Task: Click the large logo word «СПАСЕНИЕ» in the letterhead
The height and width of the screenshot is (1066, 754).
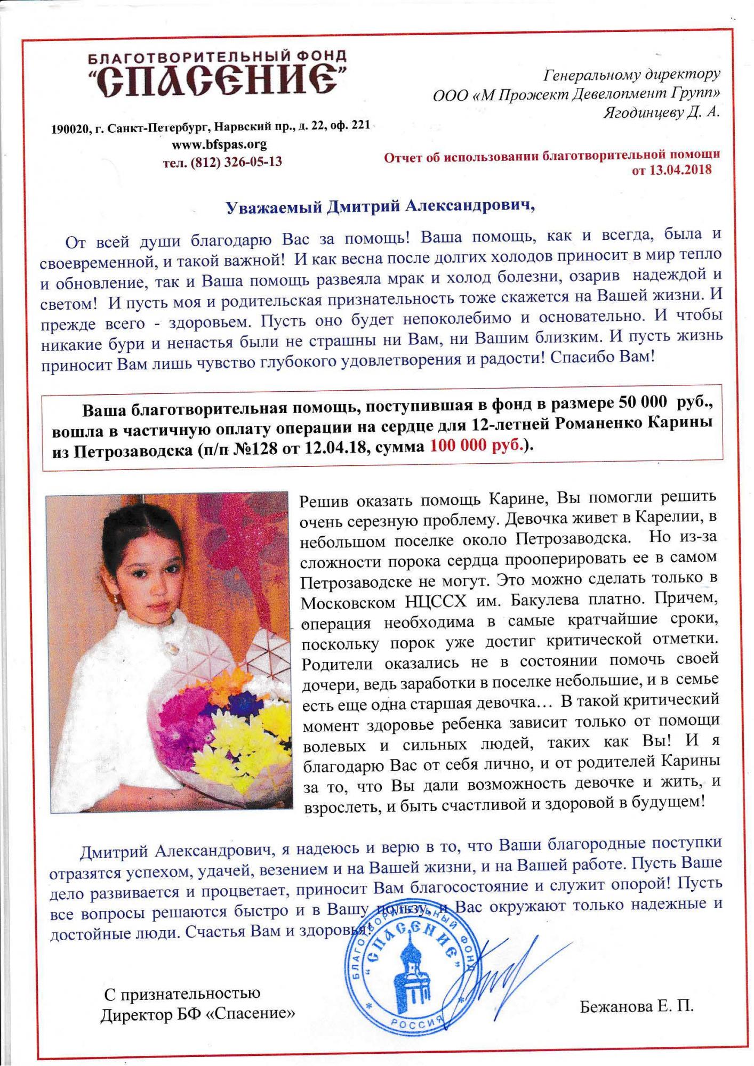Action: pos(215,80)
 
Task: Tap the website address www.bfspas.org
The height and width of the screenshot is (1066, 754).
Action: pos(219,144)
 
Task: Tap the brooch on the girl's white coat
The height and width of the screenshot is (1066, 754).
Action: pos(172,646)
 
